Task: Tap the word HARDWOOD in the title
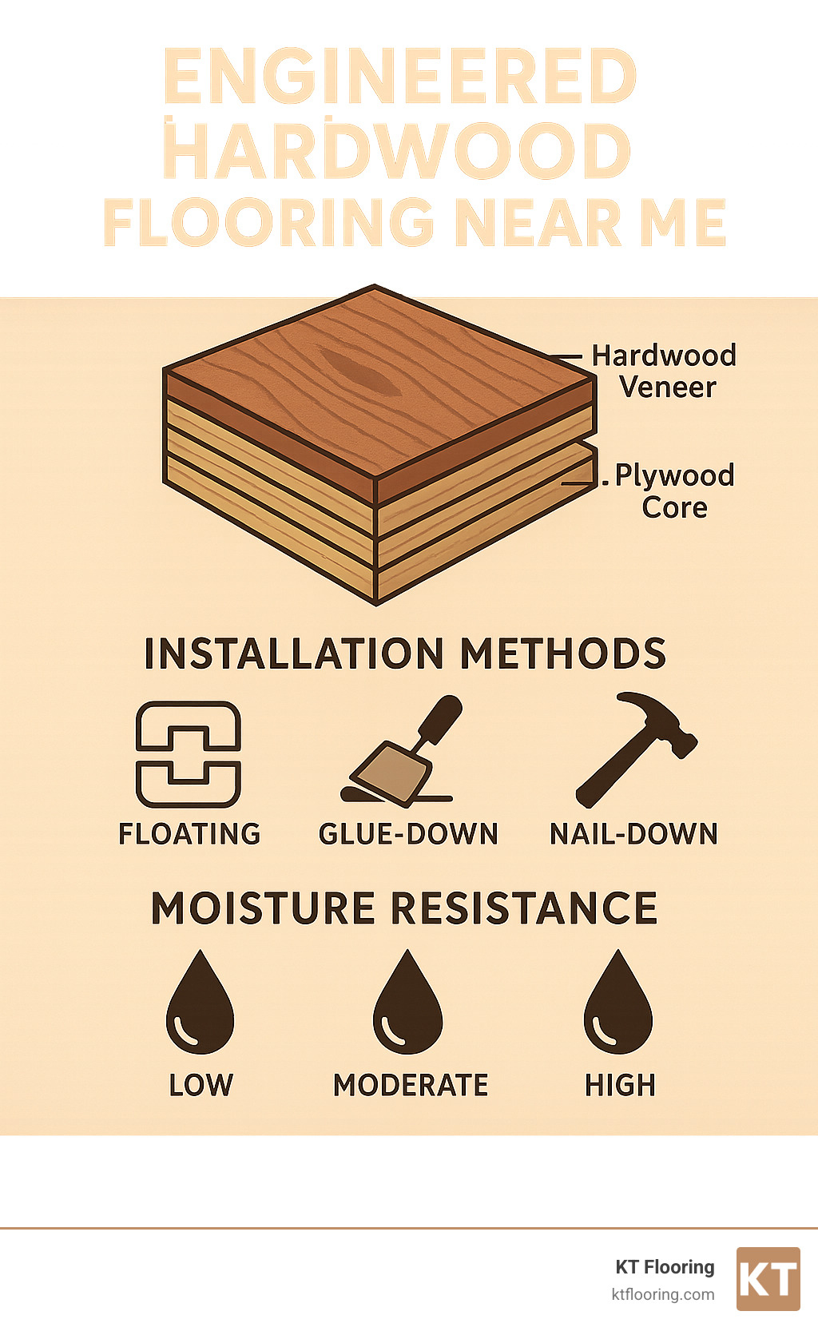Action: click(397, 151)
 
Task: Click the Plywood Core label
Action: click(673, 491)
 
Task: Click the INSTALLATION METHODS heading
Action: click(405, 654)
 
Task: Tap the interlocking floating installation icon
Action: click(189, 754)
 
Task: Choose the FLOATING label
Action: click(189, 834)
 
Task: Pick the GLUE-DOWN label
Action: click(408, 834)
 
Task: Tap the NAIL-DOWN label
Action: click(633, 834)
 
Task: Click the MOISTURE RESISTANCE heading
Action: click(404, 908)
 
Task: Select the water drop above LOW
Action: click(200, 1004)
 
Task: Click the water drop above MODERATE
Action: click(407, 1004)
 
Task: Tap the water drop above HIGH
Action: click(618, 1004)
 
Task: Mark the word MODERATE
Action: click(411, 1085)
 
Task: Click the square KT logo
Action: click(768, 1278)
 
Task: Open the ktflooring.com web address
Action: click(662, 1294)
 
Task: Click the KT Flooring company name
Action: click(665, 1267)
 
